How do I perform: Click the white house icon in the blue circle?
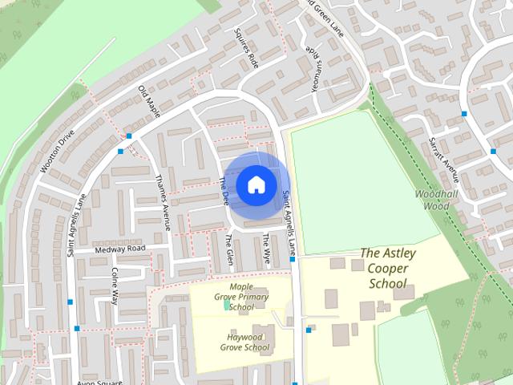point(256,184)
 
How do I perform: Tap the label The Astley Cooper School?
point(388,268)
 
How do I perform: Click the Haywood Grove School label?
point(243,342)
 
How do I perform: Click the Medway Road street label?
point(120,249)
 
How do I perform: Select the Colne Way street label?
point(115,286)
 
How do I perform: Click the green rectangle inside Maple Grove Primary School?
point(228,305)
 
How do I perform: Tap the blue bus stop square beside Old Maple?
point(120,150)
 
